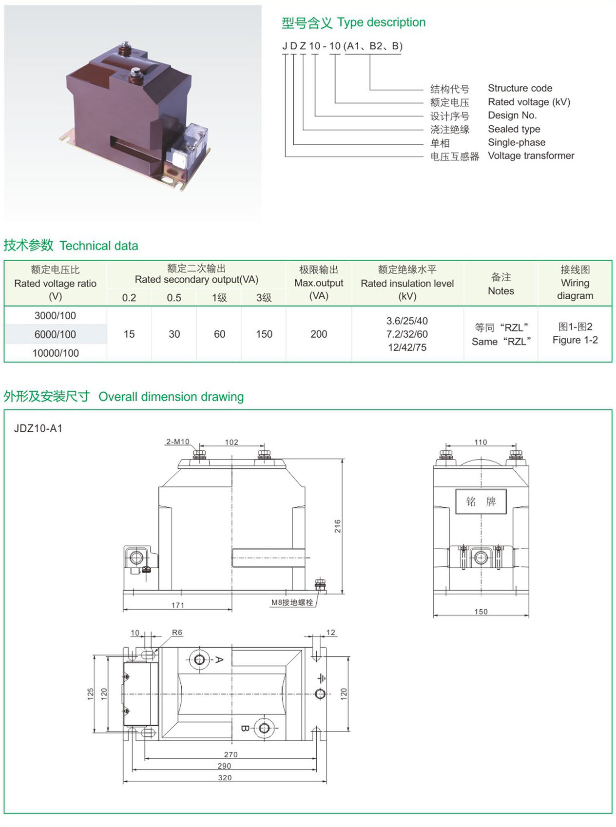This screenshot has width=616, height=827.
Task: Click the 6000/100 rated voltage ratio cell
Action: [55, 334]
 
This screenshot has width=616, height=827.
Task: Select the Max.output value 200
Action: [319, 334]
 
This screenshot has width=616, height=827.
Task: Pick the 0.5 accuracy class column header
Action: [174, 297]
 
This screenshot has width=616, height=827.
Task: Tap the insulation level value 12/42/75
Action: [407, 347]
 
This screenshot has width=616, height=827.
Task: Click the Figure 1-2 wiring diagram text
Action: [575, 340]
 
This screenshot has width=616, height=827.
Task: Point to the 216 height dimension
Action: [337, 526]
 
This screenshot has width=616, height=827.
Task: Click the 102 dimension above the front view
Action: [231, 442]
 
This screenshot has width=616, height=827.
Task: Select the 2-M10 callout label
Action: [177, 442]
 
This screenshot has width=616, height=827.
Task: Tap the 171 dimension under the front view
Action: [177, 605]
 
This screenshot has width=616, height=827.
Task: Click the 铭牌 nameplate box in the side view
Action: [481, 501]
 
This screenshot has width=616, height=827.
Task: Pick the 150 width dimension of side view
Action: [481, 612]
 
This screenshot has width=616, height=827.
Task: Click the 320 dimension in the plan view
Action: [225, 778]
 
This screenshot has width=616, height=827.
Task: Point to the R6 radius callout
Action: [177, 633]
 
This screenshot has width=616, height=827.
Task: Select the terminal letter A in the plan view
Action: [219, 660]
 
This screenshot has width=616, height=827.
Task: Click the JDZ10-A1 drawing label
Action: [38, 428]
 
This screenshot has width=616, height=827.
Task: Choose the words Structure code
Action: [520, 88]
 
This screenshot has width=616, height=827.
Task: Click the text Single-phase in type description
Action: [517, 142]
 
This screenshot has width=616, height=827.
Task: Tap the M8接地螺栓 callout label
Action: [292, 602]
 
